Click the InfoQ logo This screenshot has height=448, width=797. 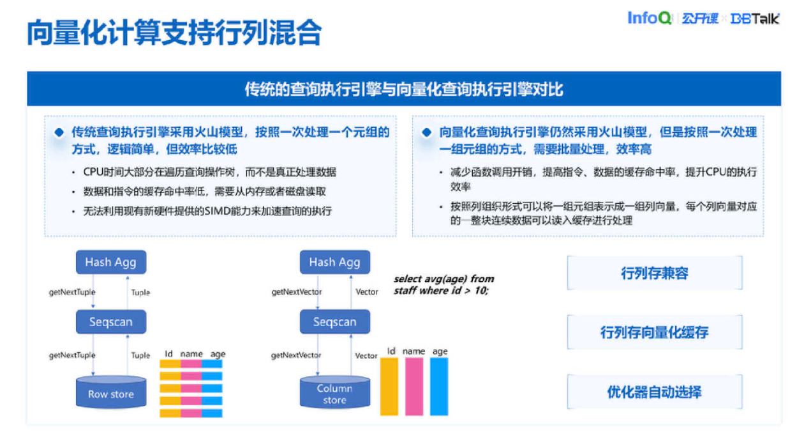649,18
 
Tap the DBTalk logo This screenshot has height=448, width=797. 756,19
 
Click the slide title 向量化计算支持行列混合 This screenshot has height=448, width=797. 174,33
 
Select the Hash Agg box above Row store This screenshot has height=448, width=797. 110,262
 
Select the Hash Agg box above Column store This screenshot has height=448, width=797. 334,262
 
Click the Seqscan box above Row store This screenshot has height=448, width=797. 110,322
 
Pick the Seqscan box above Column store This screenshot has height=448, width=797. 334,322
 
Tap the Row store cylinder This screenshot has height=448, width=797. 110,392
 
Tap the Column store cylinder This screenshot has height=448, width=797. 334,392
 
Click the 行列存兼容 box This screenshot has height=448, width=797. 654,273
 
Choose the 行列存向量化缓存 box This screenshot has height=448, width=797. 654,332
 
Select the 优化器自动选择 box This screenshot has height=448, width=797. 654,392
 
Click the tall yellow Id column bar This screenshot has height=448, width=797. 389,386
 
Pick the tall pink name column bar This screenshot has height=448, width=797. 414,386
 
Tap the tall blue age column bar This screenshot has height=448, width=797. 439,386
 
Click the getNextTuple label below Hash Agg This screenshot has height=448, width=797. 72,292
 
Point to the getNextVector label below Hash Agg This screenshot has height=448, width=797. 296,292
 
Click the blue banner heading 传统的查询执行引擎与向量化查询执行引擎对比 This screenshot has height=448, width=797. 403,89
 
